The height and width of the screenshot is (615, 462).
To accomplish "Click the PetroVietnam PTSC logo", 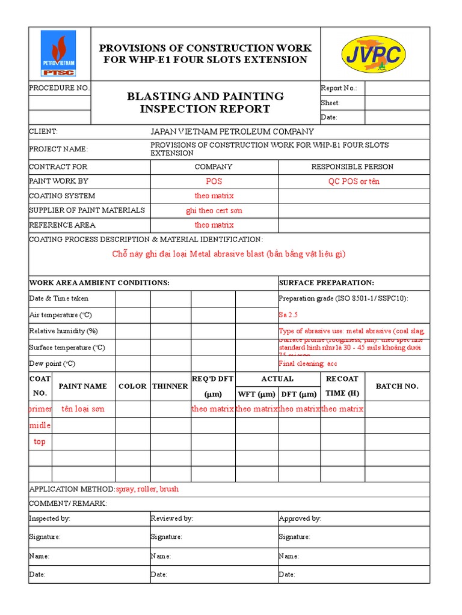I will point(58,53).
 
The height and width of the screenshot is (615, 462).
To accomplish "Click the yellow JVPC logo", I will point(373,53).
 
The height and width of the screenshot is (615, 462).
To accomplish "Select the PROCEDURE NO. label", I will point(60,88).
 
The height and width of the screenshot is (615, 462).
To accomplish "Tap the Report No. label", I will point(339,88).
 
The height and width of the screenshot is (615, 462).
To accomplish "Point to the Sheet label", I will point(330,103).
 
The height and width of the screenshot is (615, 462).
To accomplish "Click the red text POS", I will point(214,181).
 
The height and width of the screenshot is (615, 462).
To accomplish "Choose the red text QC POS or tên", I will point(354,181).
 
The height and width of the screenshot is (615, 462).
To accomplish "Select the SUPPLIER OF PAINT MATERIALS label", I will point(87,210).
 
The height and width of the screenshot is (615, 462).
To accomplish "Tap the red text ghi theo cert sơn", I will point(214,211).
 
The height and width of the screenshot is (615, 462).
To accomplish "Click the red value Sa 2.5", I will point(288,315).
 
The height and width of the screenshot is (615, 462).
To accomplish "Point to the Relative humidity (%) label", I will point(63,331).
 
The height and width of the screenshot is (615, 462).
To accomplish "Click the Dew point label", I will point(52,363).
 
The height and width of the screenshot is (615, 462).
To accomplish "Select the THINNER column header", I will point(170,386).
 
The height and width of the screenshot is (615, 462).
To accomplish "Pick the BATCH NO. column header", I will point(396,386).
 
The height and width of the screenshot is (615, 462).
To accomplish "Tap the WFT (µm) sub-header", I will point(256,394).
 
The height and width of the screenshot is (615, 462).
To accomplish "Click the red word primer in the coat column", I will point(40,409).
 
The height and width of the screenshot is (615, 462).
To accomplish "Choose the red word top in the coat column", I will point(40,441).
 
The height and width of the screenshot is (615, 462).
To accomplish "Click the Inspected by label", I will point(49,518).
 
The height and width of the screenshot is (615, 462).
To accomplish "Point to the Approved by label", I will point(300,518).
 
